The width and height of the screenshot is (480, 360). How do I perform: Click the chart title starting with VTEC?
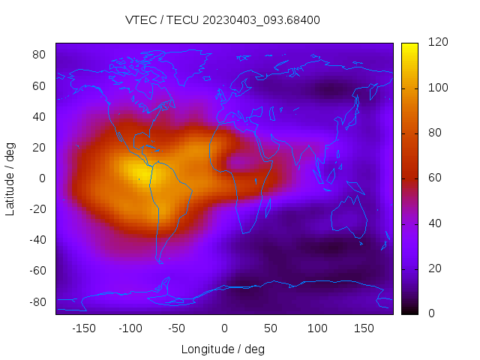click(223, 20)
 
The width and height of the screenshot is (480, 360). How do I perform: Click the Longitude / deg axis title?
click(223, 349)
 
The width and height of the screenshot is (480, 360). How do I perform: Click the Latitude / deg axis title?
click(10, 178)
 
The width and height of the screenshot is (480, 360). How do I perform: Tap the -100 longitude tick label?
click(130, 328)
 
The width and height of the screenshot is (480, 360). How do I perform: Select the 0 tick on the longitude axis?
click(224, 328)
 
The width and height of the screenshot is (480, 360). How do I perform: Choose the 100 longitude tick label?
click(318, 328)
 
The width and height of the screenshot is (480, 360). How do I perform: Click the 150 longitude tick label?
click(364, 328)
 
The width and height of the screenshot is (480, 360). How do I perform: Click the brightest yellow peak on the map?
click(140, 172)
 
